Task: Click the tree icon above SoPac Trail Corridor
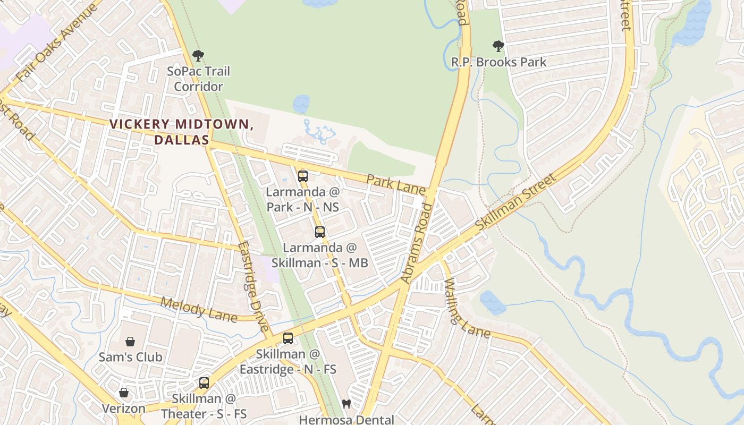(x=198, y=55)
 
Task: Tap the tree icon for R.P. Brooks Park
(x=498, y=46)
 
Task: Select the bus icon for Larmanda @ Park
(x=302, y=176)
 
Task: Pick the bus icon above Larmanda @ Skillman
(x=319, y=232)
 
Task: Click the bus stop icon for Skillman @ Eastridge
(x=288, y=338)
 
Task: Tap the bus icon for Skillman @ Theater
(x=204, y=382)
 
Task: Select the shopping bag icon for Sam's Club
(x=130, y=341)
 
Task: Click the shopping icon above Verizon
(x=124, y=393)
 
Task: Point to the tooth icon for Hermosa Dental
(x=346, y=404)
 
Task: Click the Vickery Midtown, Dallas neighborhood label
(x=181, y=132)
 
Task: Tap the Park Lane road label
(x=396, y=184)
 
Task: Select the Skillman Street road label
(x=515, y=201)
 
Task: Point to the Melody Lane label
(x=199, y=309)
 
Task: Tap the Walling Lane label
(x=466, y=308)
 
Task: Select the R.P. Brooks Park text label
(x=498, y=62)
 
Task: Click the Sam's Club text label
(x=130, y=357)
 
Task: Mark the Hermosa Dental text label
(x=346, y=420)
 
